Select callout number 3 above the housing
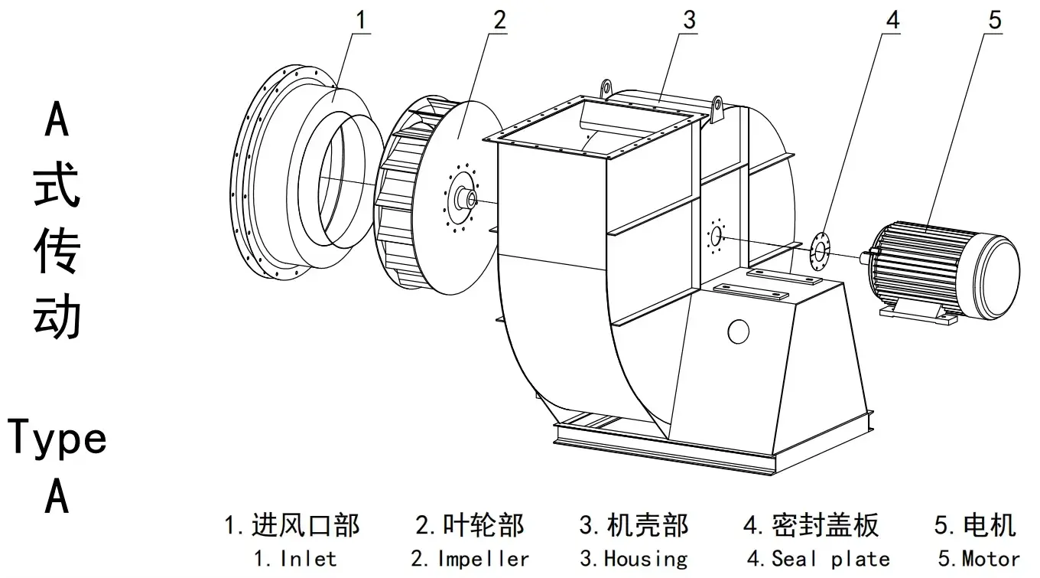tap(689, 21)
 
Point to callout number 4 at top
tap(892, 21)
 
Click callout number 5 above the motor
tap(993, 21)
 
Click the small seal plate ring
tap(820, 250)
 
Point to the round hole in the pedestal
tap(738, 331)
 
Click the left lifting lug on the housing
tap(606, 88)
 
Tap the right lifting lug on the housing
tap(718, 109)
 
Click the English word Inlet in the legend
tap(308, 559)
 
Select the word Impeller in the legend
tap(483, 559)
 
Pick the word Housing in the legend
tap(645, 559)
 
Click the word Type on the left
tap(57, 439)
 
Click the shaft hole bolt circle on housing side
tap(717, 236)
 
